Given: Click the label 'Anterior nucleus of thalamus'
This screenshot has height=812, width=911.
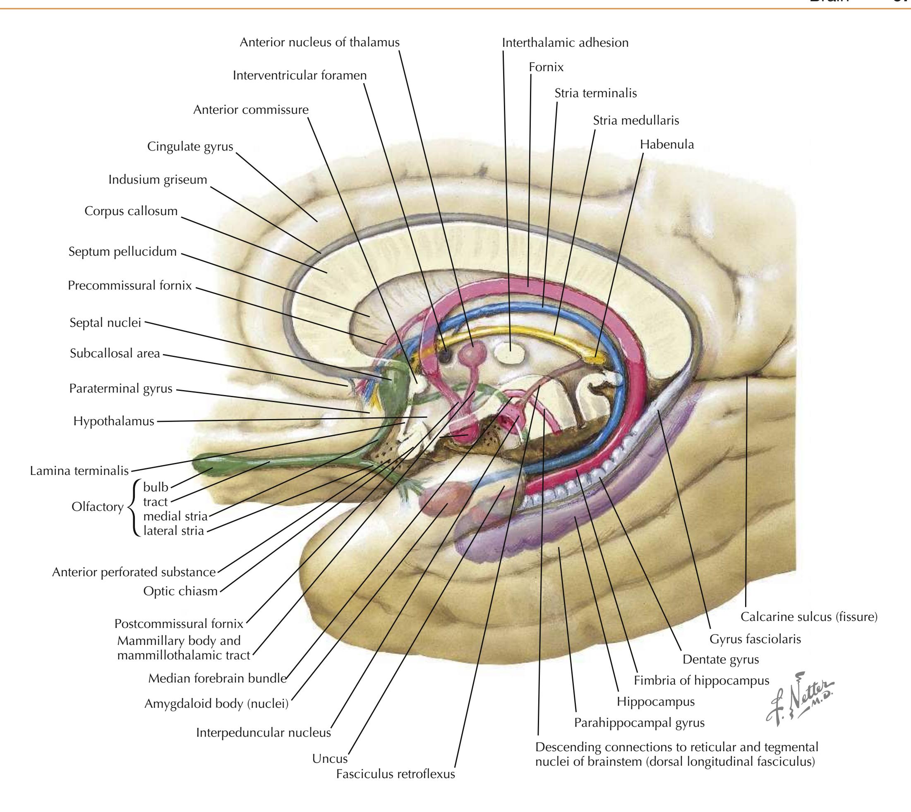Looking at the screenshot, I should click(319, 42).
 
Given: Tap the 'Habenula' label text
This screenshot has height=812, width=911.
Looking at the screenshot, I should click(666, 144).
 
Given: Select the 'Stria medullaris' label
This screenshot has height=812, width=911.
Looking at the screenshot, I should click(635, 120).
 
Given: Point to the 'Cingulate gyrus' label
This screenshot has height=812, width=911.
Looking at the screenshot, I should click(190, 146).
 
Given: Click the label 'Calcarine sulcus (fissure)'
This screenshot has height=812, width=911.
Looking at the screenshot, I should click(809, 617).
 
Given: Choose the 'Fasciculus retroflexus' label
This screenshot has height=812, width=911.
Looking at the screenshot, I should click(395, 774).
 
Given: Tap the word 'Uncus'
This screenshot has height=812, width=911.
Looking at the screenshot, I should click(330, 759).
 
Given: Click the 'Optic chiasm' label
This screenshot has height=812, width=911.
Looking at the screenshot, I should click(180, 591).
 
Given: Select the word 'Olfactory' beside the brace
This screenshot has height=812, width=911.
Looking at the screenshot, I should click(97, 507).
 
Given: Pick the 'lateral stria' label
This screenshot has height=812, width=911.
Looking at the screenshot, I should click(173, 531).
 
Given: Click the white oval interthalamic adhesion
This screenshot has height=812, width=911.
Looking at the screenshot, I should click(511, 356).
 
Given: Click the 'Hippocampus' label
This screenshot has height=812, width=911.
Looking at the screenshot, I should click(655, 702).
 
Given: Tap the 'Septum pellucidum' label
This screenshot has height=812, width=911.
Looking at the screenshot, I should click(122, 252).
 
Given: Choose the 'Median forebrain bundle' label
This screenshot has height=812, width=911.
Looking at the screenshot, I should click(217, 679).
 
